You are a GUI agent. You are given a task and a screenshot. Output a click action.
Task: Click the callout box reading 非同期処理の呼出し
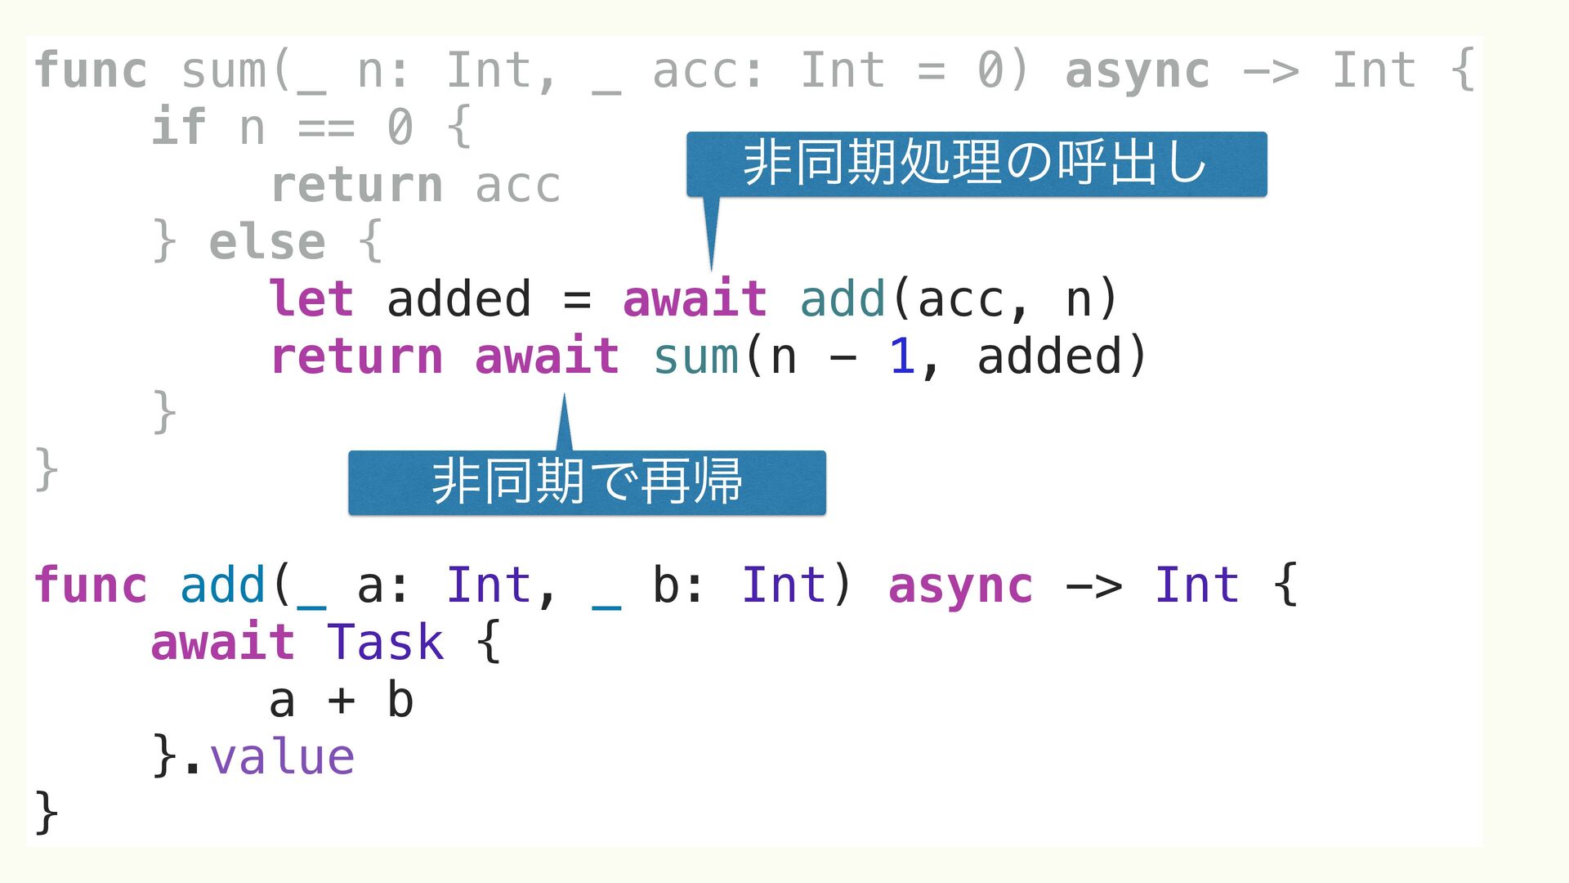pos(977,164)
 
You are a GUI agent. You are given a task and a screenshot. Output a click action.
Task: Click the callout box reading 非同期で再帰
pos(587,482)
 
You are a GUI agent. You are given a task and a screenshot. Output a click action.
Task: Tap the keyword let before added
pos(311,298)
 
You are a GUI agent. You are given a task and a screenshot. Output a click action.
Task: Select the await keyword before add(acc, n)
pos(695,298)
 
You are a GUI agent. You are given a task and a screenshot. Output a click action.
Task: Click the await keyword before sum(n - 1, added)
pos(547,356)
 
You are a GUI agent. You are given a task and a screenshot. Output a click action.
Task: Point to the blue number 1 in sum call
pos(901,356)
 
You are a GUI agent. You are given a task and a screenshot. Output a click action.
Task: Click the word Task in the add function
pos(385,642)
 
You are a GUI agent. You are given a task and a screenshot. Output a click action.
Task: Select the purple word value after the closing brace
pos(282,757)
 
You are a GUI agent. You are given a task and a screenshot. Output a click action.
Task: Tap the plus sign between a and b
pos(342,701)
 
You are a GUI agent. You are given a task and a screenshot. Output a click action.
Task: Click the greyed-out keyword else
pos(267,242)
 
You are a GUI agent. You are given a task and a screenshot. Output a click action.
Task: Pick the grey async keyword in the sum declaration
pos(1137,71)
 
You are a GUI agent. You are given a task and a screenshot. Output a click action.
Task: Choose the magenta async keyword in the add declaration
pos(960,586)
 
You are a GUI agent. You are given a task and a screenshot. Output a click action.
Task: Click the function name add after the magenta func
pos(222,585)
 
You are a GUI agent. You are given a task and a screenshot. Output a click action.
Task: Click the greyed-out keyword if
pos(178,127)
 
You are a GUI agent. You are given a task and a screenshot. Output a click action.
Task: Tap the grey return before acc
pos(356,185)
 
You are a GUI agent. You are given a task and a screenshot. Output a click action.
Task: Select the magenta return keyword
pos(356,356)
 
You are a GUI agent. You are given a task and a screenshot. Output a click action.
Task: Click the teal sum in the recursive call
pos(696,356)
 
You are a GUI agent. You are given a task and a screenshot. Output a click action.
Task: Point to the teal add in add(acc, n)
pos(843,298)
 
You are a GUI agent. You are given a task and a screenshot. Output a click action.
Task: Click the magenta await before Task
pos(222,642)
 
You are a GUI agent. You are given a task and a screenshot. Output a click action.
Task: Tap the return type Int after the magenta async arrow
pos(1196,585)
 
